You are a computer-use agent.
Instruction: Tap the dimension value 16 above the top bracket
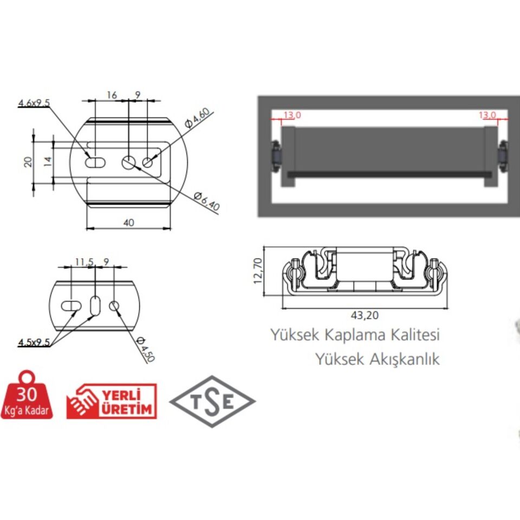[x=111, y=95]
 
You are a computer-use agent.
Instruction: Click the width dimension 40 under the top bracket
[x=129, y=222]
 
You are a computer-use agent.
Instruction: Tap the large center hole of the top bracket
[x=129, y=161]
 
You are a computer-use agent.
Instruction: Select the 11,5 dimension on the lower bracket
[x=84, y=262]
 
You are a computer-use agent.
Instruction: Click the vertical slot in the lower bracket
[x=95, y=305]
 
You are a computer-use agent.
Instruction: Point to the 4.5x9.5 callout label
[x=34, y=342]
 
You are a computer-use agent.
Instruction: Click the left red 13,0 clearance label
[x=291, y=115]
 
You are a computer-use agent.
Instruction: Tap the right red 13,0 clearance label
[x=487, y=115]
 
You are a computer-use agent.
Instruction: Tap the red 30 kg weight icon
[x=27, y=396]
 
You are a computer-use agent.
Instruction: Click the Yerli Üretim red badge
[x=112, y=401]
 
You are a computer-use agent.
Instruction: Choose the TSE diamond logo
[x=212, y=402]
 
